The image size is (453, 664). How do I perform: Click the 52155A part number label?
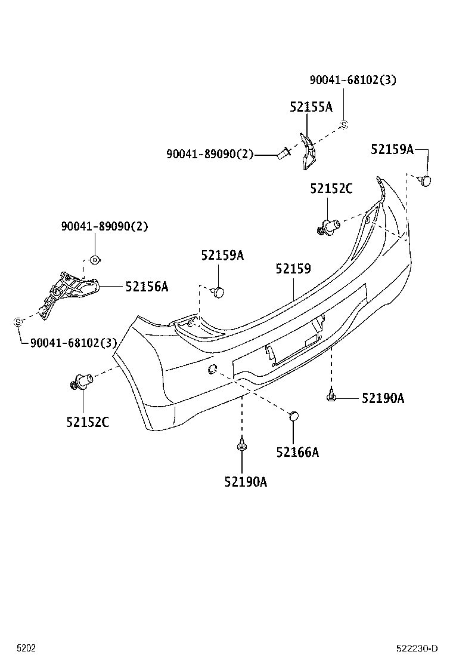click(311, 107)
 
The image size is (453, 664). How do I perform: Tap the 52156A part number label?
click(147, 287)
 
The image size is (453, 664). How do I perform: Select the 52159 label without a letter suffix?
click(293, 269)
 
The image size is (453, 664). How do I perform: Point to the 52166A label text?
click(297, 452)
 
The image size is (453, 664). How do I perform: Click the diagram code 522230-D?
click(417, 648)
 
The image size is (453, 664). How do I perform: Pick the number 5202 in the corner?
click(26, 648)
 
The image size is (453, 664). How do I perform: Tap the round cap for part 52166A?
click(293, 416)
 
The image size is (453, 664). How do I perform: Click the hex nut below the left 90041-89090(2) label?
click(94, 259)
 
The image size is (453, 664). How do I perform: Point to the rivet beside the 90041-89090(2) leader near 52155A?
click(284, 153)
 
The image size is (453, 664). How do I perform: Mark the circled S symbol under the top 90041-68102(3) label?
click(343, 125)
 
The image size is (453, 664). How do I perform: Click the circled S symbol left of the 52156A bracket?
click(18, 322)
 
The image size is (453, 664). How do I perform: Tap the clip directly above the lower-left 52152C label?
click(80, 381)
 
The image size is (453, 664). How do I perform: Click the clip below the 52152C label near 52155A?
click(328, 227)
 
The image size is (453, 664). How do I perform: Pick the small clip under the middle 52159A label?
click(218, 291)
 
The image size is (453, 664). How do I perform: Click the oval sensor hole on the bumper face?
click(212, 370)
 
